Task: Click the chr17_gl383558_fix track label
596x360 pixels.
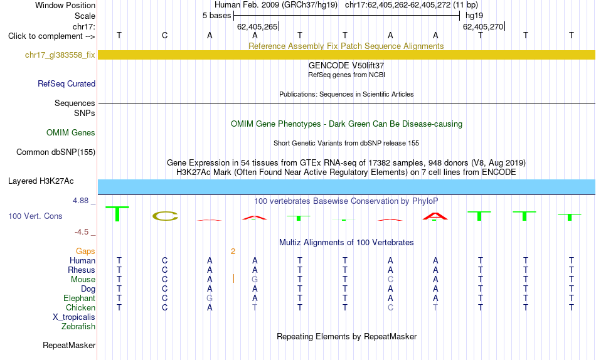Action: [60, 55]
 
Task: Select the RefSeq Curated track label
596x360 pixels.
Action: [67, 83]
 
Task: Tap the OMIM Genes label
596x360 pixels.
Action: [71, 133]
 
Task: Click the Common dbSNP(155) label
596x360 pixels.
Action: [56, 152]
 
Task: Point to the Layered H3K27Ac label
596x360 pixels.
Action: [41, 181]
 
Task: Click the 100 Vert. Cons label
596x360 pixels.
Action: [35, 216]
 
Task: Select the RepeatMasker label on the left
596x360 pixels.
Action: [69, 345]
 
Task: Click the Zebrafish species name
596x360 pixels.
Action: [78, 327]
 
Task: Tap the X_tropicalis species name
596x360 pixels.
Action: [74, 317]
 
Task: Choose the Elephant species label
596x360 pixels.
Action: [80, 298]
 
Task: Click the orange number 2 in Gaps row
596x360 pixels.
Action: [233, 251]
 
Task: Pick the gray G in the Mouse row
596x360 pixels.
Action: [255, 280]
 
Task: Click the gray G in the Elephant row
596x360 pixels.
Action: [210, 298]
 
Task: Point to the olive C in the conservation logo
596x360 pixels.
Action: [165, 216]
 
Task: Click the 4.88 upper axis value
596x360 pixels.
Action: [80, 201]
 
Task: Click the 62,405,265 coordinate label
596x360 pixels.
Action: [257, 26]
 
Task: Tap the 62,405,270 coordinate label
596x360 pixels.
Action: [483, 26]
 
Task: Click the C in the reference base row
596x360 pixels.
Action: [164, 35]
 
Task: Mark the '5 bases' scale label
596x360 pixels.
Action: [216, 16]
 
